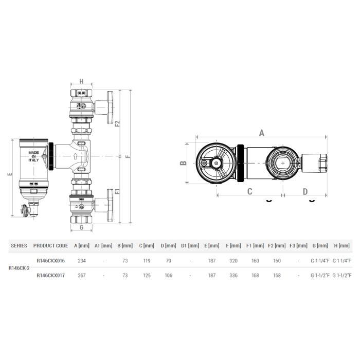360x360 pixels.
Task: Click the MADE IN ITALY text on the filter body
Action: pos(34,156)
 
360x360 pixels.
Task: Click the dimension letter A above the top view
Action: pos(261,133)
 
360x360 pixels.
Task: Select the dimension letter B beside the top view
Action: pos(182,164)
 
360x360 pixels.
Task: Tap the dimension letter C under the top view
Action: pos(249,192)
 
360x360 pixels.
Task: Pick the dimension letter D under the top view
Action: pos(305,192)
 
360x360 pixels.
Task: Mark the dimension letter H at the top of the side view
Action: pos(81,81)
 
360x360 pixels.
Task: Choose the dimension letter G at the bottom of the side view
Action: pos(81,226)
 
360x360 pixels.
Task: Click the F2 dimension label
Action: pos(118,123)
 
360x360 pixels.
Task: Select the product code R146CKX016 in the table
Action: pos(50,261)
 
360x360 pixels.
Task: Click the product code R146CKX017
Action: pos(50,275)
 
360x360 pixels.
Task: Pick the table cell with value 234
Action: pos(81,261)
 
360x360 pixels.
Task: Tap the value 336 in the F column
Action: pos(233,275)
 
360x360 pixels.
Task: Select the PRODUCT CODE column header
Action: pos(50,246)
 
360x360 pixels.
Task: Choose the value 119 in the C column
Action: pos(148,261)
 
